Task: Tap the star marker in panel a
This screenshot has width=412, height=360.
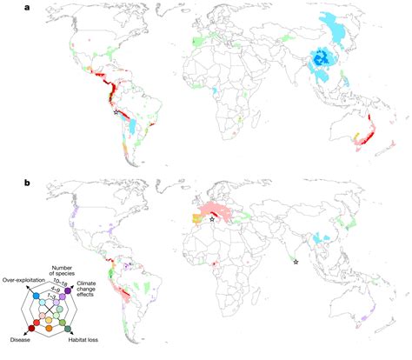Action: (116, 112)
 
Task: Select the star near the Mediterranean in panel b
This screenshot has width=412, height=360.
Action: (212, 219)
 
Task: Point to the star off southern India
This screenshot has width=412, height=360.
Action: (296, 262)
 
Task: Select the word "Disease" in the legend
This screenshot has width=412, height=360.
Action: (21, 340)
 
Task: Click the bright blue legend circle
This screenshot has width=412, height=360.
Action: (35, 296)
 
